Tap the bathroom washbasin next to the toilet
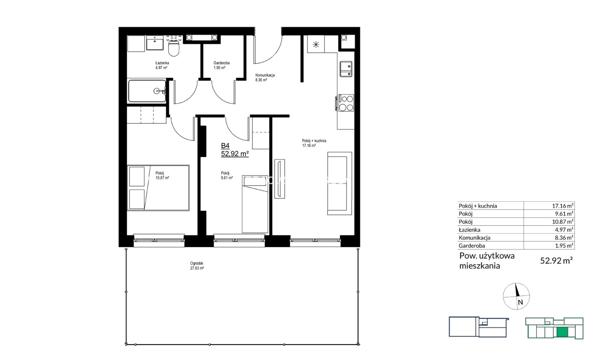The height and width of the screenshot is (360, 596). (x=155, y=43)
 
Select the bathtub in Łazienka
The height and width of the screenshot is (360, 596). (x=147, y=91)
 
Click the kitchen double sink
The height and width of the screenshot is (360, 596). (x=346, y=69)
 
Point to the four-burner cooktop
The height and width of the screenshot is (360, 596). (x=346, y=103)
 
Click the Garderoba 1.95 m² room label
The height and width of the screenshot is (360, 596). (x=221, y=65)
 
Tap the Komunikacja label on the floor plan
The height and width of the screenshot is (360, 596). (x=265, y=75)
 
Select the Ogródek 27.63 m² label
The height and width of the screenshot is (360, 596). (x=197, y=266)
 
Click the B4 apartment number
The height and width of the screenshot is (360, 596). (x=225, y=146)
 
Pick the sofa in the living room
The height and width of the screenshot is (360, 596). (x=340, y=183)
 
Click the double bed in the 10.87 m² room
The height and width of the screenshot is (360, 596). (x=158, y=188)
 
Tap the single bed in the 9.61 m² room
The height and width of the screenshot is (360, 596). (x=255, y=204)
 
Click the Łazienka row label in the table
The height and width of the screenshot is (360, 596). (x=469, y=230)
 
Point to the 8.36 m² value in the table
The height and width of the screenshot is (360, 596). (x=564, y=238)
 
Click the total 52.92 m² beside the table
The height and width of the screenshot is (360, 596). (x=556, y=260)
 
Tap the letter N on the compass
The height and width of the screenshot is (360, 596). (x=520, y=302)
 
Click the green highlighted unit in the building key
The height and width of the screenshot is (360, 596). (x=562, y=332)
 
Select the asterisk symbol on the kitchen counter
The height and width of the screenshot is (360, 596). (x=316, y=45)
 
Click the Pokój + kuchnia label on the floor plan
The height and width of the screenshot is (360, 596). (x=314, y=141)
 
